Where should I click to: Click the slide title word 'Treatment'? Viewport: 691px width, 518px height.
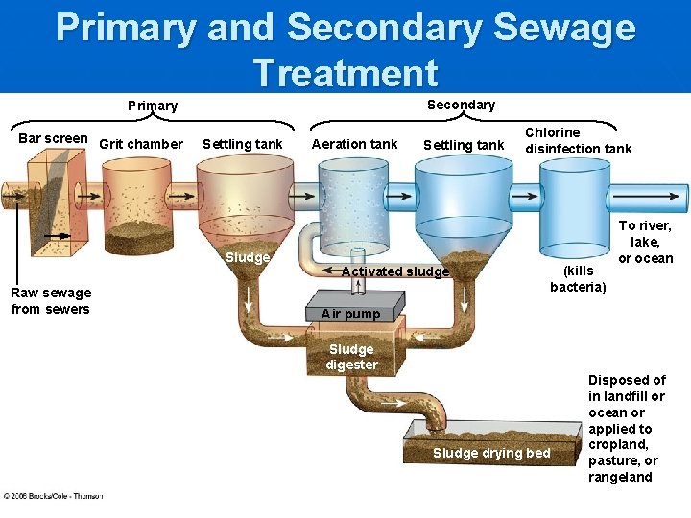coord(345,72)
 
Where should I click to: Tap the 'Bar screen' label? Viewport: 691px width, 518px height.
coord(53,138)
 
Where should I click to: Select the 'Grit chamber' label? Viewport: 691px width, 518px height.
coord(141,144)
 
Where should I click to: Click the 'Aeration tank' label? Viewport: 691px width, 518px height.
coord(354,144)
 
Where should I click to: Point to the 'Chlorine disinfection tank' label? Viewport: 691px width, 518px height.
coord(578,140)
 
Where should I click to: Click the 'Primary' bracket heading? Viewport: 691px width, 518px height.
coord(153,106)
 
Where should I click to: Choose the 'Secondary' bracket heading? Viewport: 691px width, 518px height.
coord(461,105)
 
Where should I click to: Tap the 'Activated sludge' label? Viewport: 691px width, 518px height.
coord(395,271)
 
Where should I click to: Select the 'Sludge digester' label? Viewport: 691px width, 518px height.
coord(351,357)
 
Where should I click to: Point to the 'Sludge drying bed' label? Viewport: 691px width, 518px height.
coord(491,453)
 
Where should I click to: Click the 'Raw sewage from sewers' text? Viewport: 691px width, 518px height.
coord(51,300)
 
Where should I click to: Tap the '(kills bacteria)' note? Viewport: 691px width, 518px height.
coord(579,279)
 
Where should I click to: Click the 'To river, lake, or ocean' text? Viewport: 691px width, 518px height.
coord(645,242)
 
